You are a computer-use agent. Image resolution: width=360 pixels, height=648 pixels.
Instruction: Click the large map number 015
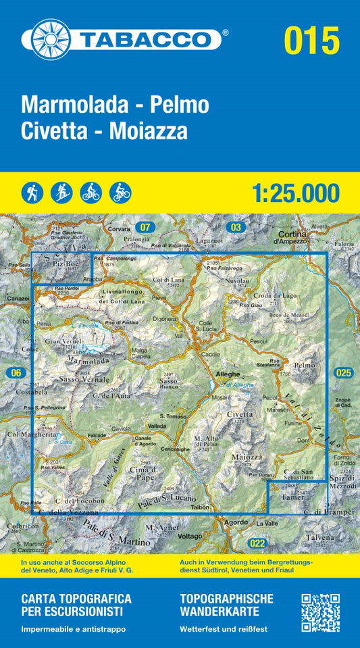311,40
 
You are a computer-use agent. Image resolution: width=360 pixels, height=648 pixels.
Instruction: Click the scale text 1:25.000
297,193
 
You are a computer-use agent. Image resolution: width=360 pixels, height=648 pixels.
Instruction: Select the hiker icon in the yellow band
31,193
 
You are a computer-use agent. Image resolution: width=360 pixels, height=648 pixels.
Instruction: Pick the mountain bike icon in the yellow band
120,193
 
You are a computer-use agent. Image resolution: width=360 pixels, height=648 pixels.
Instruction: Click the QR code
320,612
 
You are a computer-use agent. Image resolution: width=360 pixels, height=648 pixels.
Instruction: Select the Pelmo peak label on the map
305,365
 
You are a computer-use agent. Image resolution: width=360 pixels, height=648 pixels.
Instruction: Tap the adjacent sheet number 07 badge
144,227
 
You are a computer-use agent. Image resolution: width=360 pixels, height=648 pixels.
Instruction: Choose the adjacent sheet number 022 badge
256,543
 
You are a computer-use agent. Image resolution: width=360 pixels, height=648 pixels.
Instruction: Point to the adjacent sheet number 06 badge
16,373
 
